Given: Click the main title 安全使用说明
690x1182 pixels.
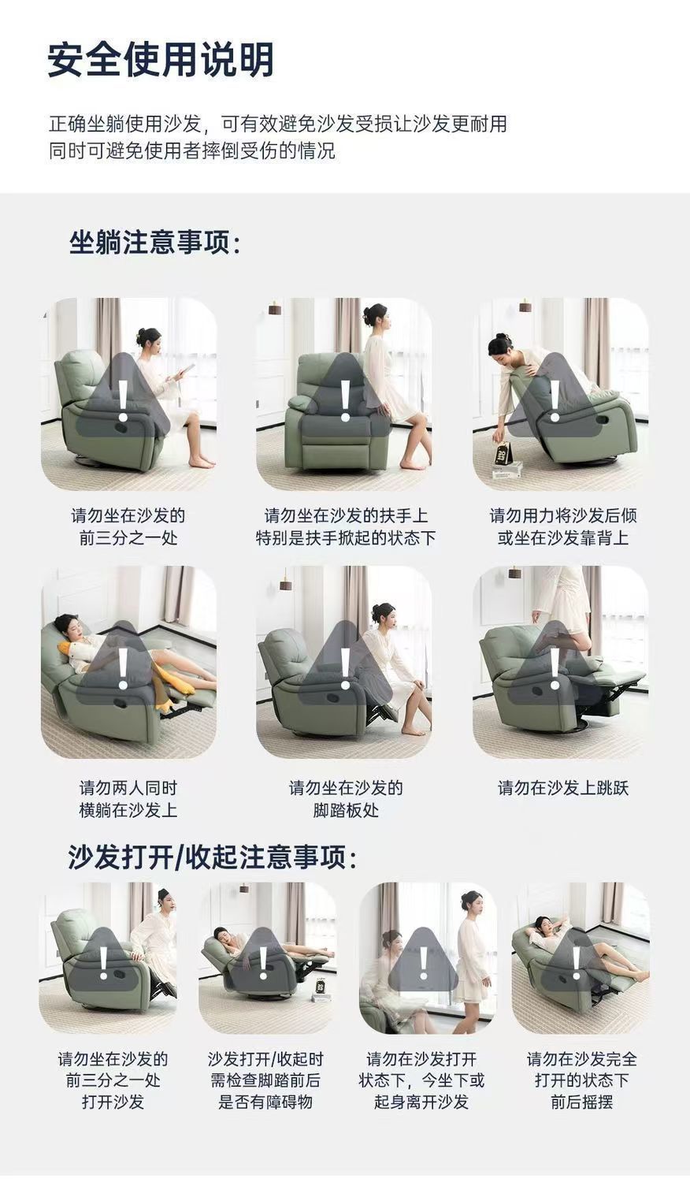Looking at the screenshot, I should (161, 60).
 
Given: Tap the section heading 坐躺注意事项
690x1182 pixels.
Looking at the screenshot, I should (154, 242).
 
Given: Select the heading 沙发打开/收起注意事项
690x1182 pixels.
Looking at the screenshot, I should (212, 857).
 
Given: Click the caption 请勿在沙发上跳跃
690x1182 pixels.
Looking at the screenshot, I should (562, 787).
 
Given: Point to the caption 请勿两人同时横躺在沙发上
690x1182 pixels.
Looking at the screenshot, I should (128, 798).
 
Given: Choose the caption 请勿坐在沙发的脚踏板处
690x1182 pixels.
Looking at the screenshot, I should (345, 798).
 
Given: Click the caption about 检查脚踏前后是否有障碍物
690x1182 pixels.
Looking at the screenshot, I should (265, 1080).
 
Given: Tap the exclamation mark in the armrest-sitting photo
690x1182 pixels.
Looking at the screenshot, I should (345, 400).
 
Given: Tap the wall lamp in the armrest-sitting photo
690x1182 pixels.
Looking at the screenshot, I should (274, 307).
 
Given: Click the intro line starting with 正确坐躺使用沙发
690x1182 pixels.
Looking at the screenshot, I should (277, 124).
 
